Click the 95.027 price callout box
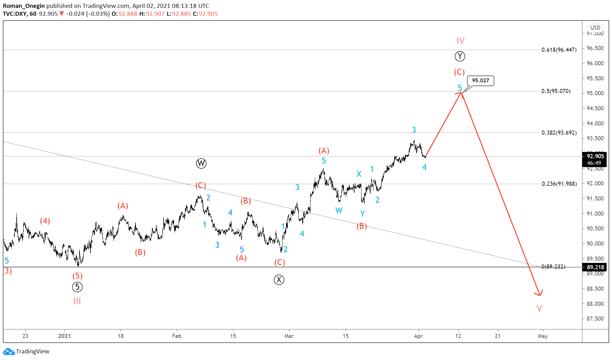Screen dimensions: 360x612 (x=480, y=81)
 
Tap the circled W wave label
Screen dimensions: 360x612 (x=201, y=163)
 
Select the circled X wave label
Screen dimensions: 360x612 (x=279, y=280)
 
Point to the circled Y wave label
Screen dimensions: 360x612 (x=460, y=56)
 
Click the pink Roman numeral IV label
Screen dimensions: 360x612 (x=460, y=41)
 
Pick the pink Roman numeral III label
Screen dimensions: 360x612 (x=77, y=301)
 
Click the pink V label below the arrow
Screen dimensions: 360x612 (x=539, y=308)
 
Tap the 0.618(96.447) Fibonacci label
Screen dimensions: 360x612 (x=559, y=50)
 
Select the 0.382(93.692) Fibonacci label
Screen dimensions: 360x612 (x=559, y=133)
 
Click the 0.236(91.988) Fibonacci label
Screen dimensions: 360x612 (x=559, y=184)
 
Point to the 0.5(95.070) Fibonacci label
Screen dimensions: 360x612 (x=556, y=91)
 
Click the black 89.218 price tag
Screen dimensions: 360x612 (x=595, y=267)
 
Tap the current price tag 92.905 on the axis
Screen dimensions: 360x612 (x=595, y=156)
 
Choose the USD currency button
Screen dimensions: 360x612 (x=595, y=27)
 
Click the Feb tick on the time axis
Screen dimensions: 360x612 (x=177, y=336)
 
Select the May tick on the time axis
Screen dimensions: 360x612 (x=543, y=336)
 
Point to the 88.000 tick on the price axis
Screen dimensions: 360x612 (x=595, y=304)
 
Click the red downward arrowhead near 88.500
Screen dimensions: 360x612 (x=539, y=293)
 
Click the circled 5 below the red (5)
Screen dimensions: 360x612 (x=77, y=287)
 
